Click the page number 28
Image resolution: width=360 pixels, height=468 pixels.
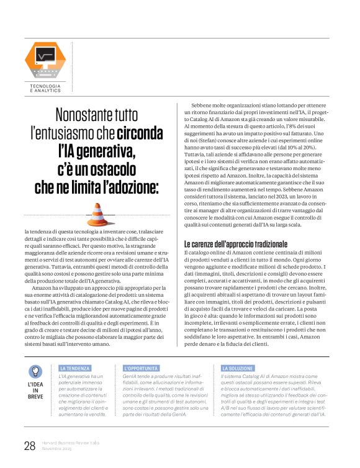pyautogui.click(x=29, y=445)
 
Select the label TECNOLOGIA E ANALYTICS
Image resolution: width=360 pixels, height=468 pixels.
pyautogui.click(x=45, y=88)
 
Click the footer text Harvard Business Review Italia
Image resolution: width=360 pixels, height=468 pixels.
pyautogui.click(x=73, y=443)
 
